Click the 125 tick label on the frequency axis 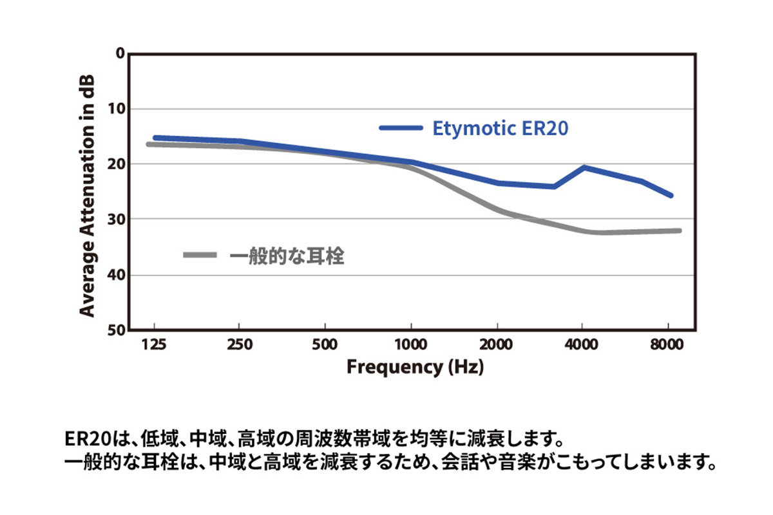point(153,344)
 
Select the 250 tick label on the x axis point(239,344)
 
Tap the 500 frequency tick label point(325,344)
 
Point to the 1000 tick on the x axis point(410,344)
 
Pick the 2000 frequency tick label point(497,344)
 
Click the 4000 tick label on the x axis point(582,344)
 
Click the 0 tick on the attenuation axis point(119,53)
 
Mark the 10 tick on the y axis point(116,109)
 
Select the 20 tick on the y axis point(116,164)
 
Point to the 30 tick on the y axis point(116,220)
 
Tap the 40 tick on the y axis point(116,275)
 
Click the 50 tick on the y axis point(116,330)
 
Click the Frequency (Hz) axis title point(415,368)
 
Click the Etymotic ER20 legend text point(500,128)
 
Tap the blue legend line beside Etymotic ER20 point(401,128)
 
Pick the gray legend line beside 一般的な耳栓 point(202,255)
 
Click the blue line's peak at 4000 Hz point(584,167)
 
